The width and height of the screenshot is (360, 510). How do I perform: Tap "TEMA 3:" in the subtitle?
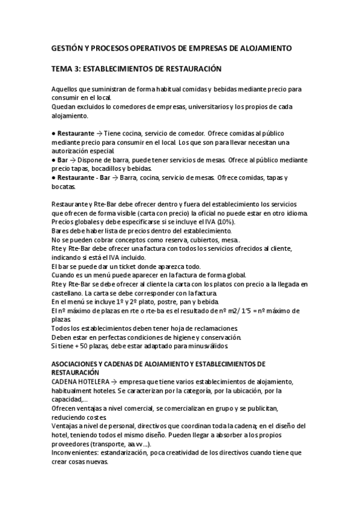67,69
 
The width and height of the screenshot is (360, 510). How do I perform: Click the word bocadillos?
109,169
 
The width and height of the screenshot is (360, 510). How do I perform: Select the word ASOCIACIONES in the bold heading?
79,364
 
